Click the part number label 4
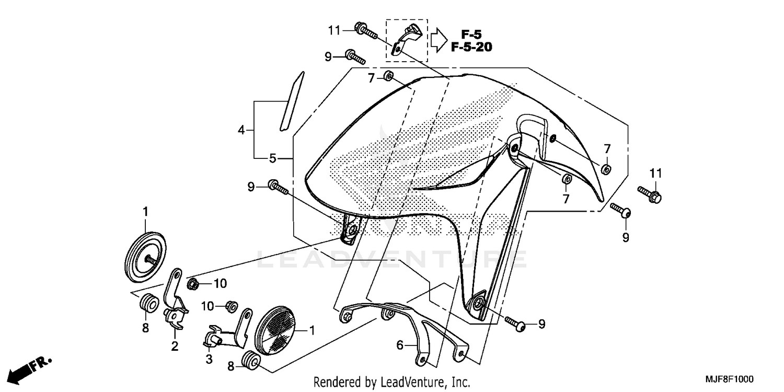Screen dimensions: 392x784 241,130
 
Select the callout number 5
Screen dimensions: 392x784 272,157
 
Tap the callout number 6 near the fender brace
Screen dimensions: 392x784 400,345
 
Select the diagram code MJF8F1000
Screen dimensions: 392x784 730,378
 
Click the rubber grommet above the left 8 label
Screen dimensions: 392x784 147,303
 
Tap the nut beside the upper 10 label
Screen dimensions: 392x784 193,284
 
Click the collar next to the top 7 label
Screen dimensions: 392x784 388,76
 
